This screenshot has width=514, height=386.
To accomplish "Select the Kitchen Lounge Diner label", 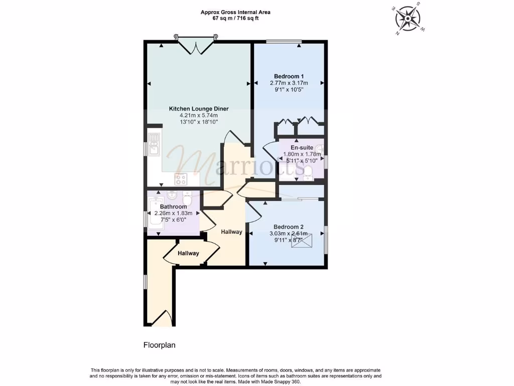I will click(x=198, y=109).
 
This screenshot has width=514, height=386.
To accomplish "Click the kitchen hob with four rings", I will click(x=181, y=178).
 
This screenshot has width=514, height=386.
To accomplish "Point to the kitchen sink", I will click(x=154, y=143).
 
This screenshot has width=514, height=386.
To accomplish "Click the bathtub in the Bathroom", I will click(x=154, y=215).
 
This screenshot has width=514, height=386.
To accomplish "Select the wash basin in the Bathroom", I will click(x=171, y=195).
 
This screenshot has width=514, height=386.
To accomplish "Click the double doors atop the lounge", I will click(x=196, y=46).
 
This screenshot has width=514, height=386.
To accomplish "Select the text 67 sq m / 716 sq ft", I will click(x=229, y=19).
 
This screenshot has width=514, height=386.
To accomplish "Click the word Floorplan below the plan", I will click(x=159, y=345).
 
